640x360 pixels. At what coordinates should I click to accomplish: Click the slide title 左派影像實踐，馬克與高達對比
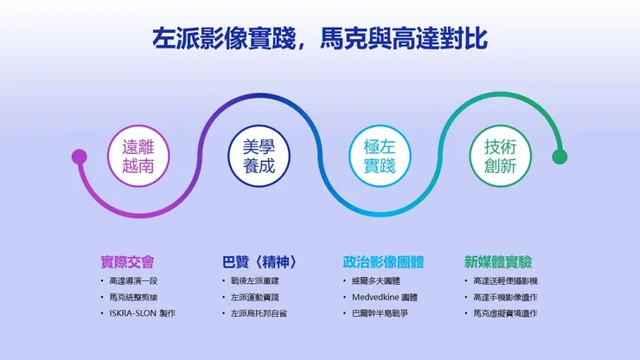319,39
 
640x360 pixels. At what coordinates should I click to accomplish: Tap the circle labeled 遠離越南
138,156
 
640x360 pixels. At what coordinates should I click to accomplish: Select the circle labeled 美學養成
259,156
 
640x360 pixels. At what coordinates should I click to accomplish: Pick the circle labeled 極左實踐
379,156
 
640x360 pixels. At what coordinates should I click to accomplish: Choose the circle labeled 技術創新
499,156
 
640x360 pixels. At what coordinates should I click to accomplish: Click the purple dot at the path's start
80,157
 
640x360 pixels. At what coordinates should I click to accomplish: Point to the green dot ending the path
560,157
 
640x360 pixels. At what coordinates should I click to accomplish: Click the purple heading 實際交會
127,261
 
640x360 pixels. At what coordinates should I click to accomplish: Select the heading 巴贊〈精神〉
259,261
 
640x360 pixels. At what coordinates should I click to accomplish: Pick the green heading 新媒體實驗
498,261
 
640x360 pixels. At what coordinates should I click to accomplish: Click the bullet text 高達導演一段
134,281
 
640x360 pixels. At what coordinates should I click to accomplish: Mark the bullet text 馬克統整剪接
134,297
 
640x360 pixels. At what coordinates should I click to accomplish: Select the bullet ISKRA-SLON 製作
143,312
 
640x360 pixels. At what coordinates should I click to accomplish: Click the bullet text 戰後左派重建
255,281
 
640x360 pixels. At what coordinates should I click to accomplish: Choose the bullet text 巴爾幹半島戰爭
381,312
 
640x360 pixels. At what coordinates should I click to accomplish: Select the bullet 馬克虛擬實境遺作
505,312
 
